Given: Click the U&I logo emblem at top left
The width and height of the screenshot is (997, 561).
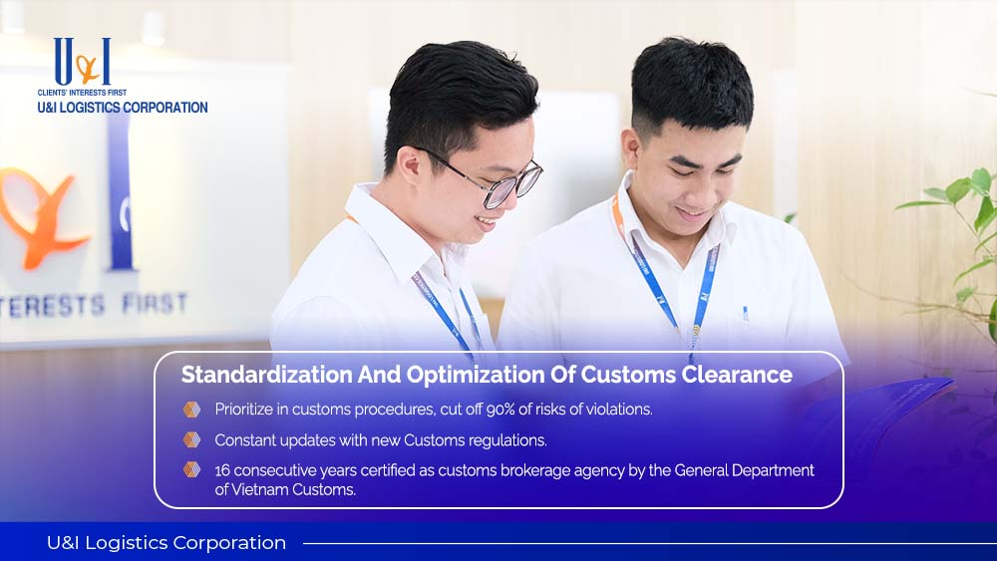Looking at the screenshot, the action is [x=82, y=61].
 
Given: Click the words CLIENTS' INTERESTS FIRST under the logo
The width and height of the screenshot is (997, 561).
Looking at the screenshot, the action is [x=82, y=93].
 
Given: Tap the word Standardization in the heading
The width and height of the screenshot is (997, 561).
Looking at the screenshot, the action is [x=266, y=375].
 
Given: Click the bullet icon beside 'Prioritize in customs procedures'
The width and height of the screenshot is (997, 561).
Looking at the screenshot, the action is [x=192, y=410].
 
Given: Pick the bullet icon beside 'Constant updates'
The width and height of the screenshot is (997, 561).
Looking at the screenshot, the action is [x=192, y=439].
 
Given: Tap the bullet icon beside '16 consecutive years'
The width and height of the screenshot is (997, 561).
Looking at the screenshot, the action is [x=192, y=470].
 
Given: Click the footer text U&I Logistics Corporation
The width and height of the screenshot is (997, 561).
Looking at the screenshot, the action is [x=166, y=543].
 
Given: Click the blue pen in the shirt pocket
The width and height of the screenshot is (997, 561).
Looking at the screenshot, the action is [x=745, y=313].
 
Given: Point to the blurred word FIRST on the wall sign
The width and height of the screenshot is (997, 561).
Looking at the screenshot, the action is [x=156, y=304].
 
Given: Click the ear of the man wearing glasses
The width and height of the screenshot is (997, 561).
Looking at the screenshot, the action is [x=410, y=164].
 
